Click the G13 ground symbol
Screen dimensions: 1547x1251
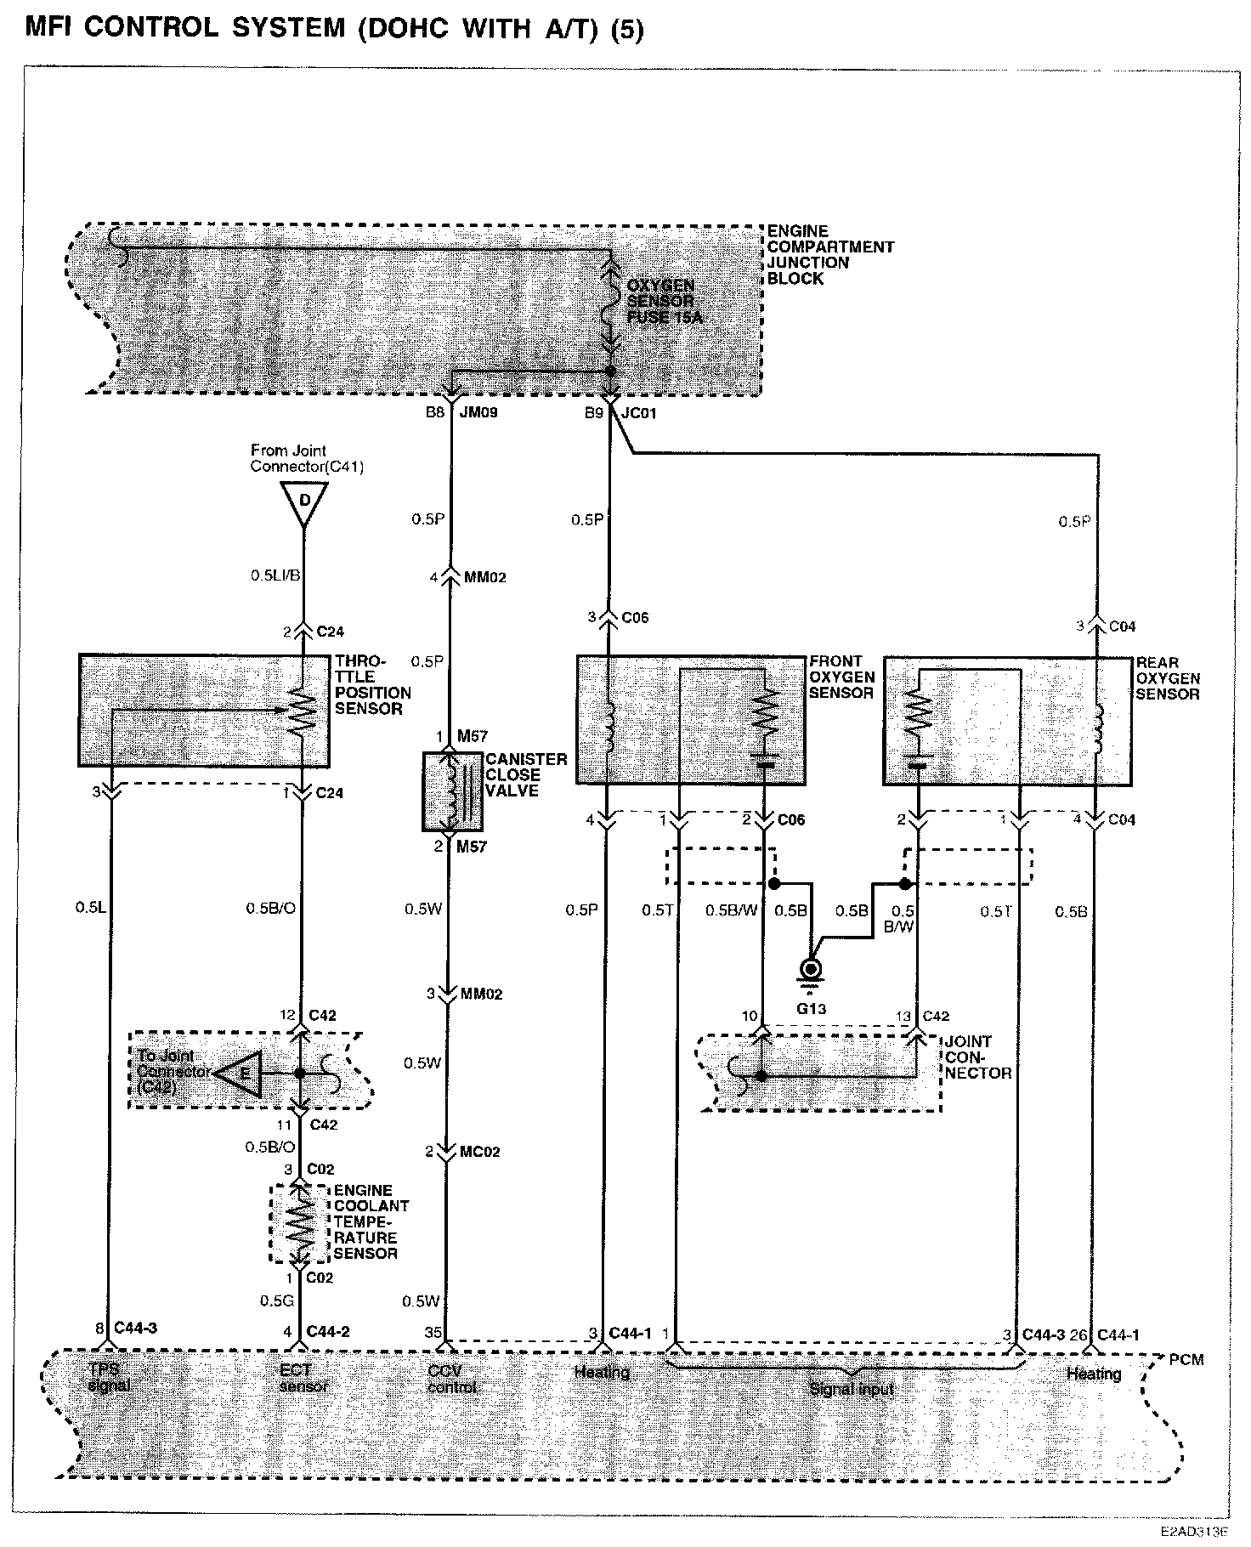tap(811, 971)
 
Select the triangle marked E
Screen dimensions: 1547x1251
tap(241, 1074)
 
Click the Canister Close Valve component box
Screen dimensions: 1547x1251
tap(453, 790)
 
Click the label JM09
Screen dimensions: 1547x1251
tap(478, 414)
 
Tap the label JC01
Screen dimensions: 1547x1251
tap(639, 414)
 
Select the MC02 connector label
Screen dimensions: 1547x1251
tap(480, 1152)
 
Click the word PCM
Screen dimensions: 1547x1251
tap(1186, 1359)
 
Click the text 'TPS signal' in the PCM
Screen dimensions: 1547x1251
tap(108, 1378)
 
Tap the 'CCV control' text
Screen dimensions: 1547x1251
tap(453, 1378)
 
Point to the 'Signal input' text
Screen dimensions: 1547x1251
tap(852, 1389)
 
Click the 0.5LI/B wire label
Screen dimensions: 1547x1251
tap(275, 575)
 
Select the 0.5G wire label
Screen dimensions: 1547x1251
tap(276, 1300)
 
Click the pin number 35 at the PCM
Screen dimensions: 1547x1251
tap(433, 1333)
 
